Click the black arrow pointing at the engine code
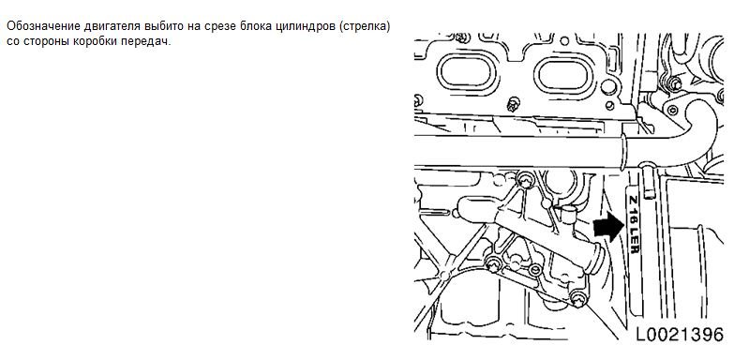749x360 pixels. click(608, 226)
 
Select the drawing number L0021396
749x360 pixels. click(680, 334)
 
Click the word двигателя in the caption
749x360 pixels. click(109, 26)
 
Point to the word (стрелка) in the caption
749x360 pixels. click(364, 26)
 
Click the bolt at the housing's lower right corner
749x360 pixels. click(578, 298)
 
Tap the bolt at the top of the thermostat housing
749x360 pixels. click(525, 180)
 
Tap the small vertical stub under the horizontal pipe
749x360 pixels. click(648, 181)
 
